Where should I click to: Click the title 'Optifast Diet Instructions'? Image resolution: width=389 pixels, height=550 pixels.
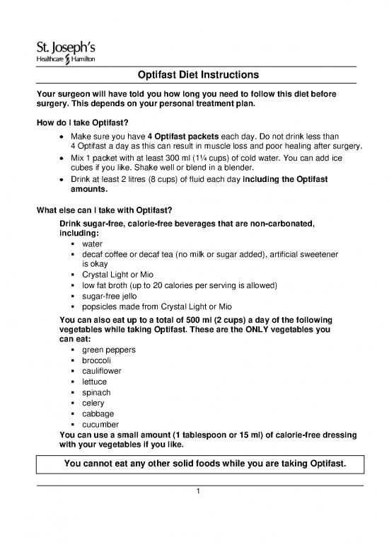(194, 75)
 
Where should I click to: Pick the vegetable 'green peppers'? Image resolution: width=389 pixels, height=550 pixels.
(109, 350)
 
